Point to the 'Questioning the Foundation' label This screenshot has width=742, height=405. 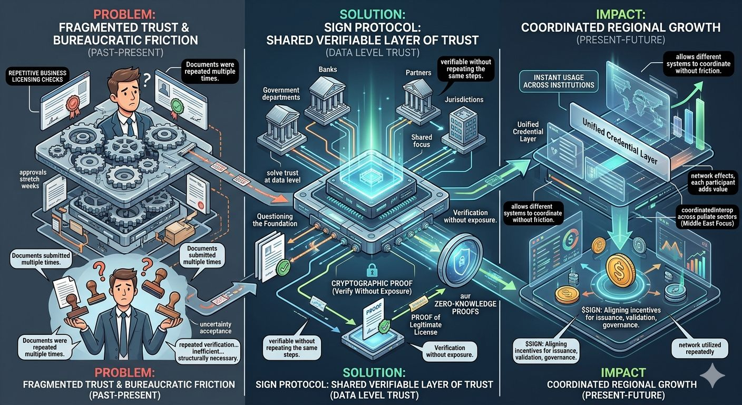(x=277, y=219)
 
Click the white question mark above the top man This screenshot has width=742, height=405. (x=148, y=77)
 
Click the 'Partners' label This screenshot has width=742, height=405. (x=419, y=72)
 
